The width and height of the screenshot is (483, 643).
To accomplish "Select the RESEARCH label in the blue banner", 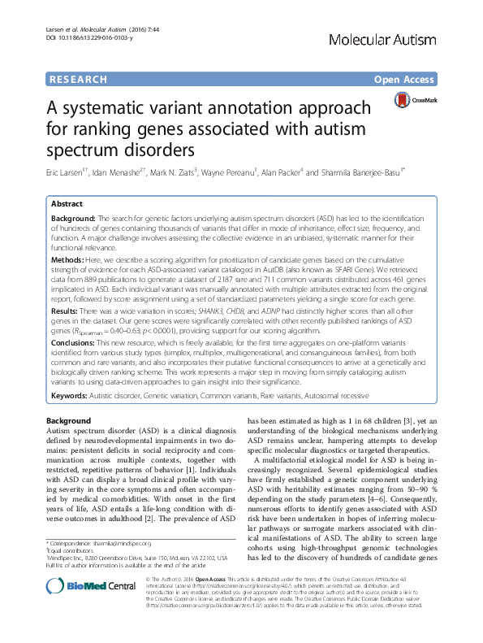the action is [x=78, y=80].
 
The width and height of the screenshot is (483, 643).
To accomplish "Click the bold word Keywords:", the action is [x=73, y=394].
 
